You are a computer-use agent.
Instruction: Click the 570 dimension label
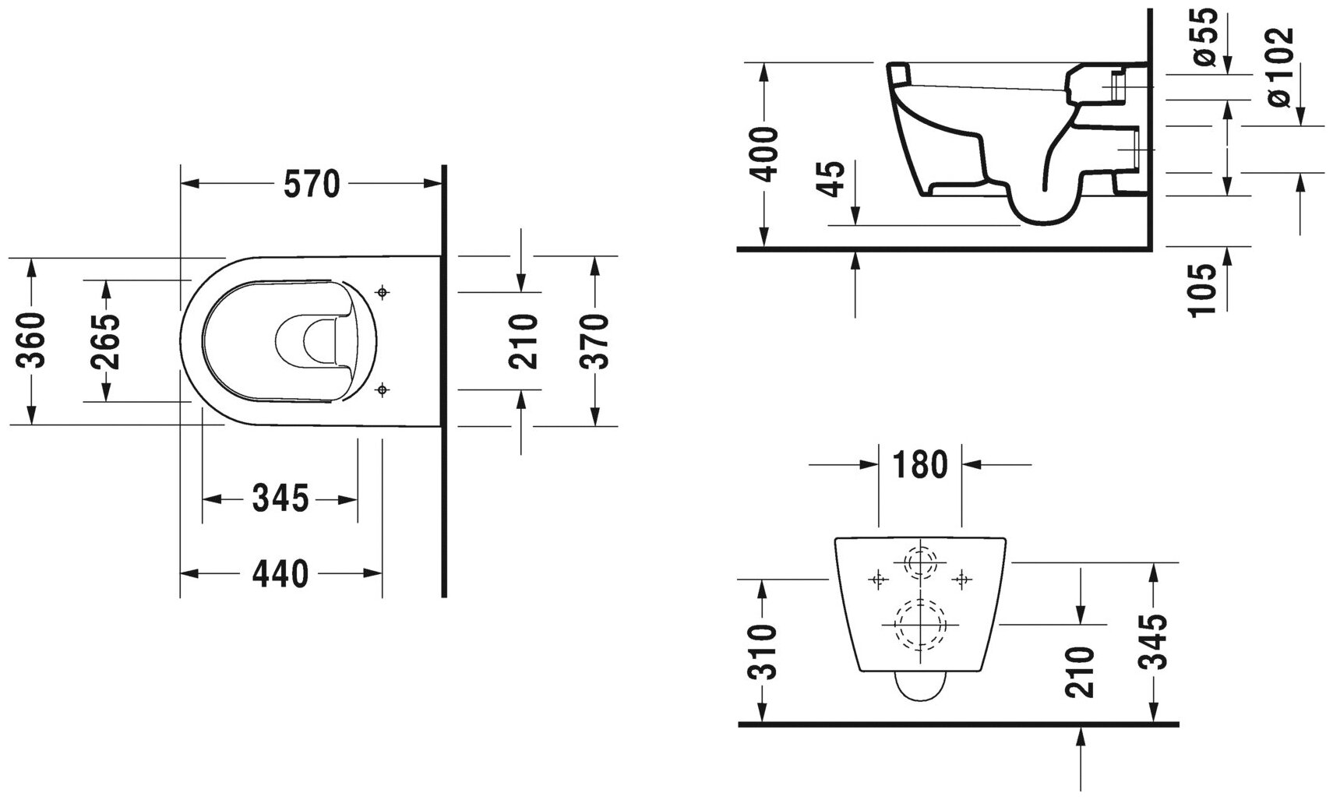312,185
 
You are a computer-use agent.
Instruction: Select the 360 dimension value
32,340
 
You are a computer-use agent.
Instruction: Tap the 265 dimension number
106,340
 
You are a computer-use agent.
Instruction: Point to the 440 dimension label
280,574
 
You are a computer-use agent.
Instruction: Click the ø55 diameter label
1204,37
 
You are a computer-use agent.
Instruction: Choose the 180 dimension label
920,465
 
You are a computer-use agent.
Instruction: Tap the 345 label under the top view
280,499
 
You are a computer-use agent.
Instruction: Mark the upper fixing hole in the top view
382,293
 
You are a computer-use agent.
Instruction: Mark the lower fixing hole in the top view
382,389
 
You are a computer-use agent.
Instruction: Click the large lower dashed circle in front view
920,625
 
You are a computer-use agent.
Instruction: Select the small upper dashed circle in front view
920,562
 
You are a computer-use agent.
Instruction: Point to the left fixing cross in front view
878,579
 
